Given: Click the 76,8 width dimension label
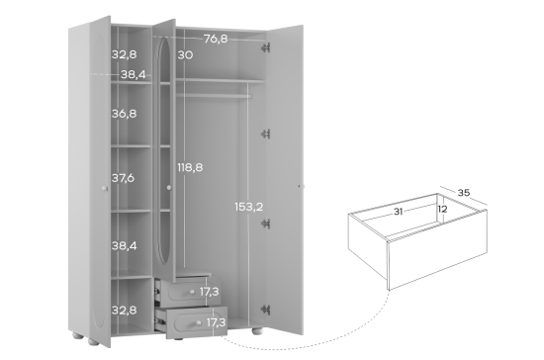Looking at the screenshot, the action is coord(216,39).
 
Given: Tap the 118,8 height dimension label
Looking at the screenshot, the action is coord(190,167).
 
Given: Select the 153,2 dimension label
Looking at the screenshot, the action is coord(248,207).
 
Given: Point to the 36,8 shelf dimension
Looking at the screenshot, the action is coord(124,114).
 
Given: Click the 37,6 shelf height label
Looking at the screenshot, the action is coord(123,178).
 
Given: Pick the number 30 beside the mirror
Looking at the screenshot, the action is coord(185,54).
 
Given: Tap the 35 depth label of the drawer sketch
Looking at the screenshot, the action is coord(464,193).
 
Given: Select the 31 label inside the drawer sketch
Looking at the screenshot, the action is coord(398,212).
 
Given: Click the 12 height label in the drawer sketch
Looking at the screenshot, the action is coord(442,209).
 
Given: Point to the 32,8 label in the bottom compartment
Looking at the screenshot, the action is coord(124,310).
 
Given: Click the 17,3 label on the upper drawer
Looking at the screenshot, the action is coord(210,292).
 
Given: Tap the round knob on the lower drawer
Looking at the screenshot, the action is coord(198,323).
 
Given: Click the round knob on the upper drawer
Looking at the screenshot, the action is coord(192,293).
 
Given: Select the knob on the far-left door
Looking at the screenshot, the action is coord(105,188).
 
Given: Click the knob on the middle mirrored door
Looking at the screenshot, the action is coord(169,188).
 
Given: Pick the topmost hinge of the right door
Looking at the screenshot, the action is coord(265,47).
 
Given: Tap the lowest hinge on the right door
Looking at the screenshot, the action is coord(266,310).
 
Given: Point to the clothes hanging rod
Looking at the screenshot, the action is coord(214,95).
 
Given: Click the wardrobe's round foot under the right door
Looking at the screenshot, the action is coord(257,331).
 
